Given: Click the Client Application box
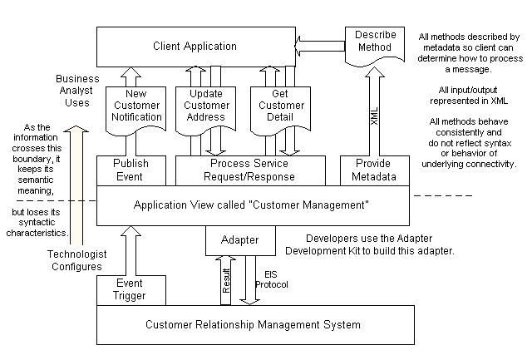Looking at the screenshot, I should [x=195, y=47].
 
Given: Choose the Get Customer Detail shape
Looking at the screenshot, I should [x=277, y=106].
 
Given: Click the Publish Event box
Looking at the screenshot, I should [x=131, y=170].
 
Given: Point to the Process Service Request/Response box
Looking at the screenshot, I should [x=249, y=170].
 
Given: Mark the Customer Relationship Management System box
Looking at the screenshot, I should [x=255, y=323].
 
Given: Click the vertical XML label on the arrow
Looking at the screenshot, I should [x=375, y=117].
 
